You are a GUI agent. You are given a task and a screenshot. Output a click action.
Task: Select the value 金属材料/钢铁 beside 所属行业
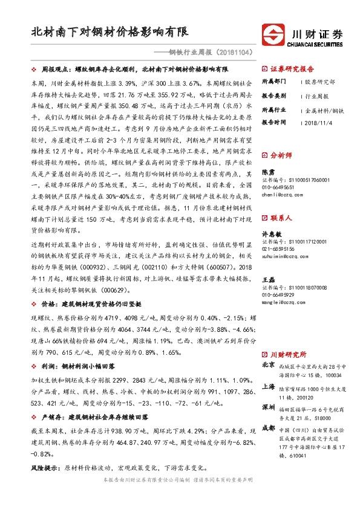(324, 111)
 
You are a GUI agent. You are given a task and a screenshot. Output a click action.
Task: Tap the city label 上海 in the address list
(267, 386)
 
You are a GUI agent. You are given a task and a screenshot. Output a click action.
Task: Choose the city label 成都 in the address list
(267, 427)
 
